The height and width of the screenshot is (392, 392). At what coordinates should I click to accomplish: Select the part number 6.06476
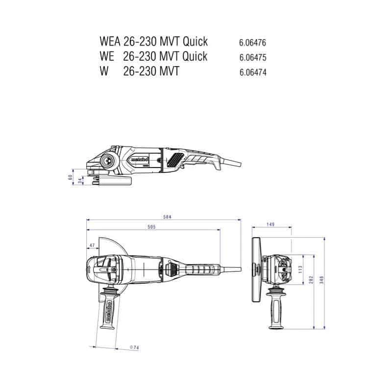(253, 43)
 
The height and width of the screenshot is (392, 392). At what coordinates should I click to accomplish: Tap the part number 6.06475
(253, 57)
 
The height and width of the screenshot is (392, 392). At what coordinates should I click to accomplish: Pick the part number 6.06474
(253, 72)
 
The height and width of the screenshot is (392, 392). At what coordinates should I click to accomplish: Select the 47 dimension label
(92, 245)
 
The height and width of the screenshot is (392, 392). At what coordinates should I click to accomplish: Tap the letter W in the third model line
(103, 72)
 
